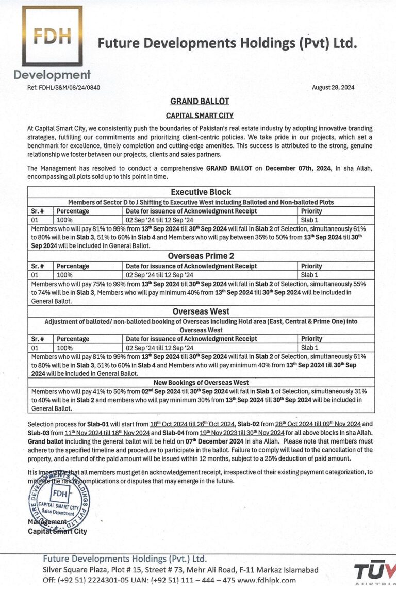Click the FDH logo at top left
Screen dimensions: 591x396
coord(52,36)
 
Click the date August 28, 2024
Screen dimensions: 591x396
coord(333,87)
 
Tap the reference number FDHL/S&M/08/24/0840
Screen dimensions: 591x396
coord(63,87)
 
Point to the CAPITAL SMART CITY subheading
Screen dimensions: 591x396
coord(200,116)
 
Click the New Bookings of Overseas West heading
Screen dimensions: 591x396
coord(201,382)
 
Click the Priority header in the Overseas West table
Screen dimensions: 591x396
coord(311,339)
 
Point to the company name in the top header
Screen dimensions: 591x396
coord(227,44)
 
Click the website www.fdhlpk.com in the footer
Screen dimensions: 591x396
coord(267,580)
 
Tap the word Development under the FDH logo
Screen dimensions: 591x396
coord(52,75)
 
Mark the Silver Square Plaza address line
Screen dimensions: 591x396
coord(180,570)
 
